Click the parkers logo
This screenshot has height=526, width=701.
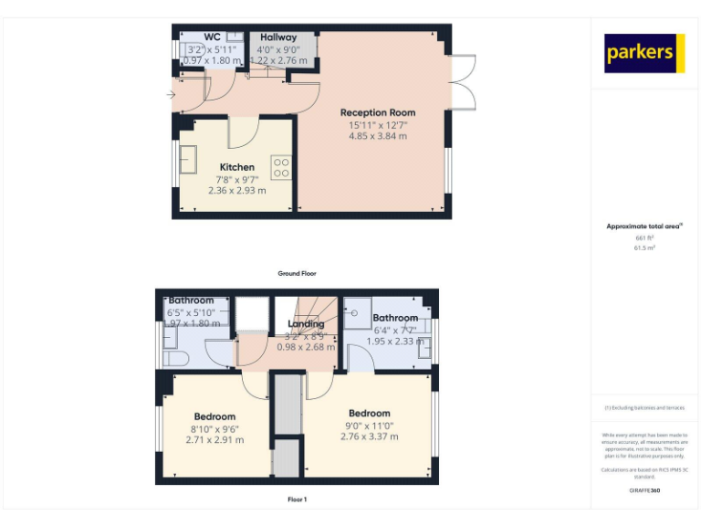click(644, 53)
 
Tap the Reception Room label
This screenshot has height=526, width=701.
click(377, 112)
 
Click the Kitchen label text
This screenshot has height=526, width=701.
click(236, 167)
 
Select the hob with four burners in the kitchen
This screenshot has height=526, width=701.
click(281, 167)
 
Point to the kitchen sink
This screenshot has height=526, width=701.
click(190, 159)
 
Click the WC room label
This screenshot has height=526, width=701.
click(212, 37)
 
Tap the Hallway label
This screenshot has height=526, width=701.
click(277, 37)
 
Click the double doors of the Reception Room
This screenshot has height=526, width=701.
click(463, 81)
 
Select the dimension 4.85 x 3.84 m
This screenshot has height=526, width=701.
click(377, 136)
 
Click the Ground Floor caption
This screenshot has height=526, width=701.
click(298, 273)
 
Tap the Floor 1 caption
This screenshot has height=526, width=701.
click(298, 500)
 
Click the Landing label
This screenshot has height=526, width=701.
click(306, 324)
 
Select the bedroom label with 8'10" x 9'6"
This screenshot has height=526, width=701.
click(214, 416)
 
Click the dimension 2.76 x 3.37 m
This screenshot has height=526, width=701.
click(369, 437)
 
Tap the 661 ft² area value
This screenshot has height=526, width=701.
click(645, 237)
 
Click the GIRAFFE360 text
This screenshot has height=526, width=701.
click(644, 490)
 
